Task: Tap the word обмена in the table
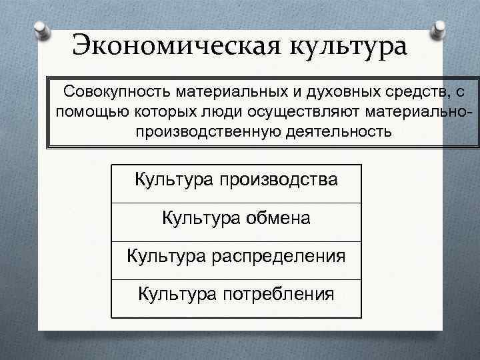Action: click(x=277, y=218)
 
